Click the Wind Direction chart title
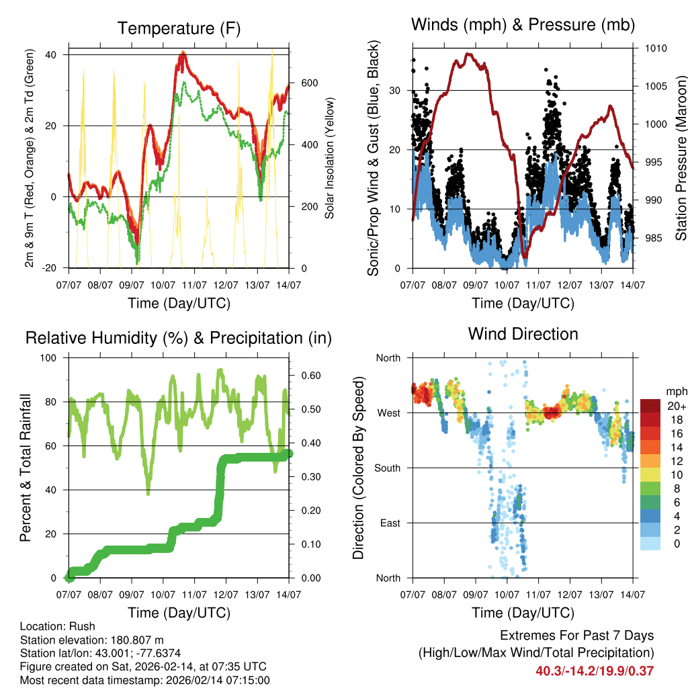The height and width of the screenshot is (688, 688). tap(523, 333)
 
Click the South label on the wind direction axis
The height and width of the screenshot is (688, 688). tap(388, 468)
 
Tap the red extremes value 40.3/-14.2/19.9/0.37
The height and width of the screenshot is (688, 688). tap(595, 671)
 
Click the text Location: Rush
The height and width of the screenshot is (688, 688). tap(58, 626)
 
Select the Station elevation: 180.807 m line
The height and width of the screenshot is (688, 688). tap(92, 640)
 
